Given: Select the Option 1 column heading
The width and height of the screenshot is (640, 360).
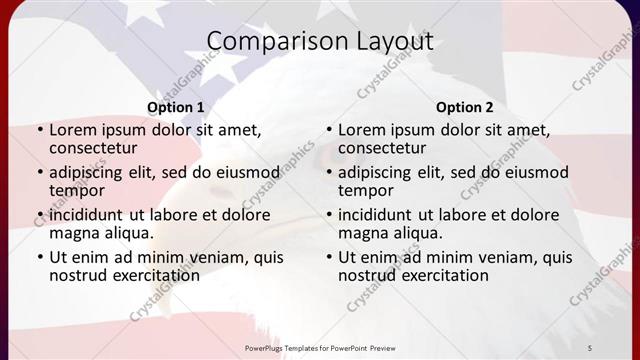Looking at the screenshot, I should pos(176,107).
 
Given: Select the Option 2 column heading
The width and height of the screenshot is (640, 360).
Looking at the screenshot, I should pos(465,107).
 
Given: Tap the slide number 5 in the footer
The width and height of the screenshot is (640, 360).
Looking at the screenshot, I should pos(590,347).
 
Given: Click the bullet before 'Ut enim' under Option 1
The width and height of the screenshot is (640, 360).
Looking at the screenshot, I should pos(39,258).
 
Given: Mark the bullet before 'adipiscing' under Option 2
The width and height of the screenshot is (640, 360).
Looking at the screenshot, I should pos(328,173).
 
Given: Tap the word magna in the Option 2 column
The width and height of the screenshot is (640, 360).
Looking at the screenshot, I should pos(362,233).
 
